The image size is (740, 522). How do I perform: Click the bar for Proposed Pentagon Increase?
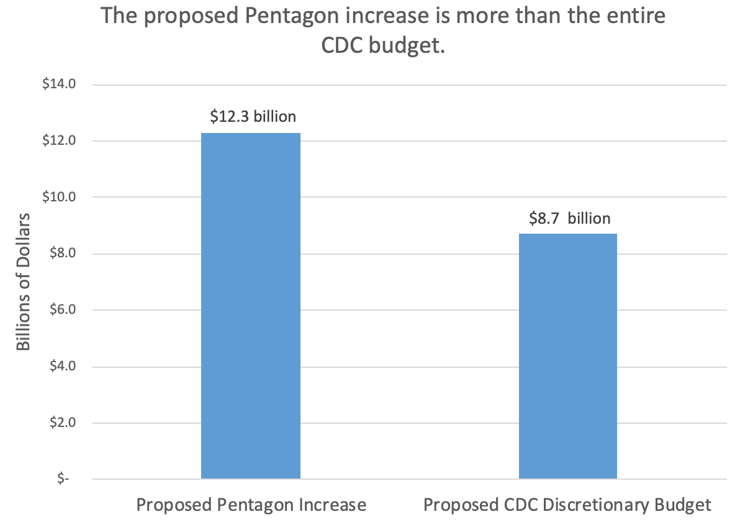[251, 306]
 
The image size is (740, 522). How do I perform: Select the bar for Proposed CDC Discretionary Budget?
[567, 356]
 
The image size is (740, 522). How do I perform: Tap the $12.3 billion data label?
[253, 116]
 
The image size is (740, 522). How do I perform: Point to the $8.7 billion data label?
[569, 218]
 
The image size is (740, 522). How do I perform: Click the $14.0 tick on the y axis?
[58, 85]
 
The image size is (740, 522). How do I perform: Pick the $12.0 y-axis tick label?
[58, 141]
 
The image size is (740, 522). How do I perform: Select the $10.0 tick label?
[58, 197]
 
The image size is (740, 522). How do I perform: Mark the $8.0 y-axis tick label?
[61, 254]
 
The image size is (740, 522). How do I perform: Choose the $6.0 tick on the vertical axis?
[61, 310]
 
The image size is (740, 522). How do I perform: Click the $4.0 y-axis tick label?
[61, 367]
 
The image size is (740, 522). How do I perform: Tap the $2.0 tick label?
[61, 423]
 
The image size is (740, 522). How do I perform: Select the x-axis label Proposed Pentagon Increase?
[251, 504]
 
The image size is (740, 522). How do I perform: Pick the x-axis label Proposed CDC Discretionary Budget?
[567, 504]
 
